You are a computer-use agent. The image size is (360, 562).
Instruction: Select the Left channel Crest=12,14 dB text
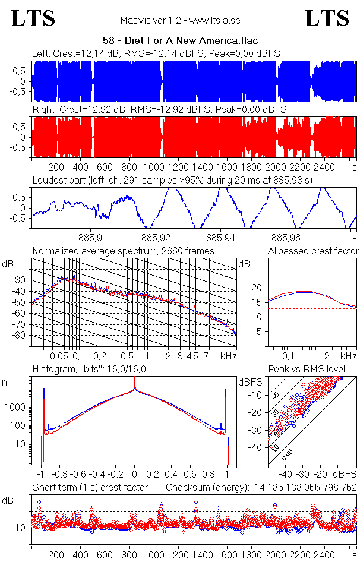(x=77, y=54)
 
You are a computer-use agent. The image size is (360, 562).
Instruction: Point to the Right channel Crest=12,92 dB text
(x=80, y=110)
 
